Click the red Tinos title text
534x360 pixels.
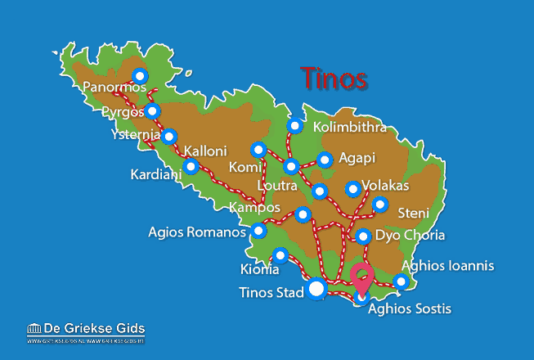[x=333, y=78]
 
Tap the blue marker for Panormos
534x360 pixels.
[x=140, y=76]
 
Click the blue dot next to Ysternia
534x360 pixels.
[x=168, y=137]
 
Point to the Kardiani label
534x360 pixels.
[x=156, y=174]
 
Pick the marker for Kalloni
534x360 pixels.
[x=191, y=167]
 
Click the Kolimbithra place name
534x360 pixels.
[x=350, y=128]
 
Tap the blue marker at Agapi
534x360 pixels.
[x=325, y=160]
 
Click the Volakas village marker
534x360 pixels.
[x=353, y=189]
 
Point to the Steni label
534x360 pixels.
[x=413, y=214]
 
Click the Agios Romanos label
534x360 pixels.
[x=197, y=232]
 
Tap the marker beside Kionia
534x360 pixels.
[x=280, y=255]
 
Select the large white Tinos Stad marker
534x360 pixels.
[x=317, y=289]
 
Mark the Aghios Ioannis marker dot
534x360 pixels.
[x=401, y=281]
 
